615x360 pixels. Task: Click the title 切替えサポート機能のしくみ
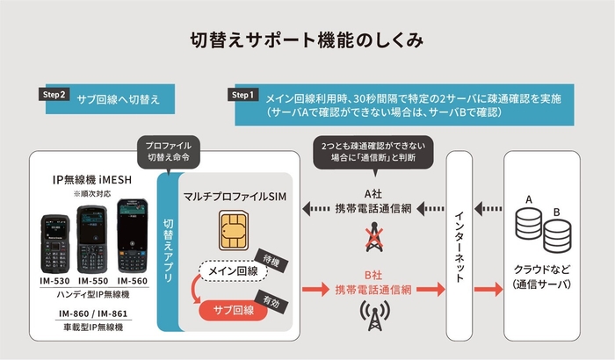pyautogui.click(x=307, y=40)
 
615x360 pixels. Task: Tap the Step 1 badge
pyautogui.click(x=242, y=95)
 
